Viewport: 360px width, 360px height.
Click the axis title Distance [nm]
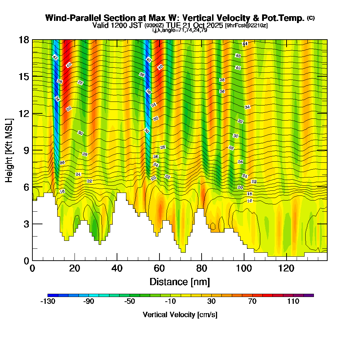(x=180, y=282)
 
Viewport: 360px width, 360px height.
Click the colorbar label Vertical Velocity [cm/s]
(x=180, y=315)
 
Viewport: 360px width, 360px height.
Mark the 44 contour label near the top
(x=245, y=44)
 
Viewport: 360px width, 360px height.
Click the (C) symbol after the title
(x=311, y=18)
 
